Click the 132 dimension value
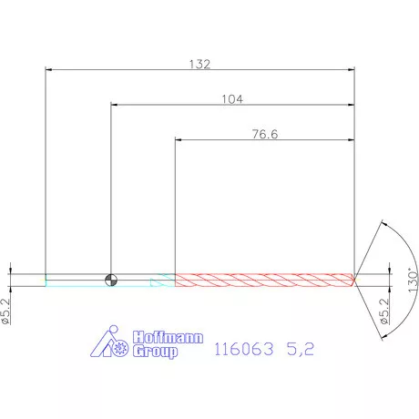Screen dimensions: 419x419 click(x=199, y=64)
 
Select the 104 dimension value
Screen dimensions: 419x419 click(x=231, y=99)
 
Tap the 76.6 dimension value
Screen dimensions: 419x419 click(x=264, y=134)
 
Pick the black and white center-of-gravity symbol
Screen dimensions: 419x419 click(x=110, y=279)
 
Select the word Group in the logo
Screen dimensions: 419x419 click(x=155, y=351)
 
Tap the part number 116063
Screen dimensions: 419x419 click(x=241, y=348)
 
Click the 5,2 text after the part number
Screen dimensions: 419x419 click(x=299, y=348)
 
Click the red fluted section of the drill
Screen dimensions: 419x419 click(x=264, y=279)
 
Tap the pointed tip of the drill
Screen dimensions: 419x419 click(x=355, y=279)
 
